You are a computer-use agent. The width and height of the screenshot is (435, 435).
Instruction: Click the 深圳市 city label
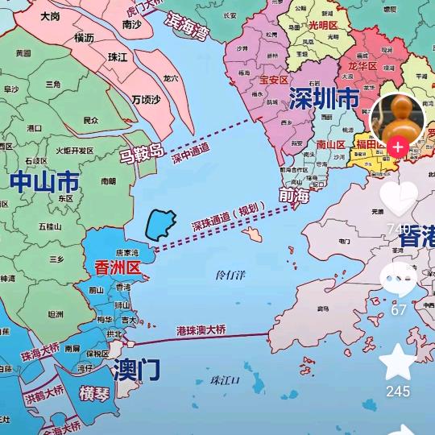click(324, 99)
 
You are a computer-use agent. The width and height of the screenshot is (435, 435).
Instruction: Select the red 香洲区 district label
click(118, 268)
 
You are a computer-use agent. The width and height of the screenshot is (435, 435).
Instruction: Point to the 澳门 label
click(137, 371)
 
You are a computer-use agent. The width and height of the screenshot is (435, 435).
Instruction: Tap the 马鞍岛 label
click(142, 152)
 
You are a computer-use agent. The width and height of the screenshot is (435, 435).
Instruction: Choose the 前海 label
click(294, 196)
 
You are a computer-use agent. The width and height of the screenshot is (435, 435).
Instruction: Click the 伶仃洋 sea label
click(232, 275)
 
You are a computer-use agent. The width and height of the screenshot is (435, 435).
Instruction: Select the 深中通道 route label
click(191, 152)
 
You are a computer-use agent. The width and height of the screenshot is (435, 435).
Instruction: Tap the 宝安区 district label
click(274, 80)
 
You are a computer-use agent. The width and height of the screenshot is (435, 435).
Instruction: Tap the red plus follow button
click(397, 147)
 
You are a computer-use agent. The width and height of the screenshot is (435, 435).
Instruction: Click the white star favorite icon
click(398, 362)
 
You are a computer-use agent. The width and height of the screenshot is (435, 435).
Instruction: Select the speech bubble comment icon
click(399, 281)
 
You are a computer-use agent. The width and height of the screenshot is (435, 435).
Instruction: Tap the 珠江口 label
click(226, 380)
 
